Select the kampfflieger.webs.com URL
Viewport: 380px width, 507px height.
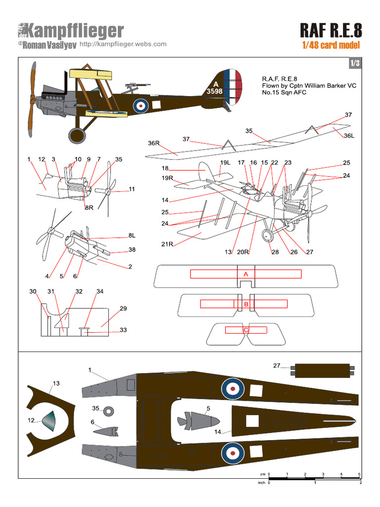pos(123,44)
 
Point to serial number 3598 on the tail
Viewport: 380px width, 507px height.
pos(215,91)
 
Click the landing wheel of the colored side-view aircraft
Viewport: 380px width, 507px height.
pos(77,134)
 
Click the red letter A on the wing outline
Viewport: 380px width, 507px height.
pos(245,274)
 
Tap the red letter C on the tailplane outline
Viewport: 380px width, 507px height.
pos(245,330)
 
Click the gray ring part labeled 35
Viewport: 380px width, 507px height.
pos(109,410)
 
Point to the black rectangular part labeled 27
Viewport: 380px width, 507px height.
pos(322,369)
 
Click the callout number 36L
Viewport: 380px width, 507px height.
pos(349,136)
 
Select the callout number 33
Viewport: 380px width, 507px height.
pos(123,330)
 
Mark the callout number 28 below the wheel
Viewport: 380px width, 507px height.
pos(275,252)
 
